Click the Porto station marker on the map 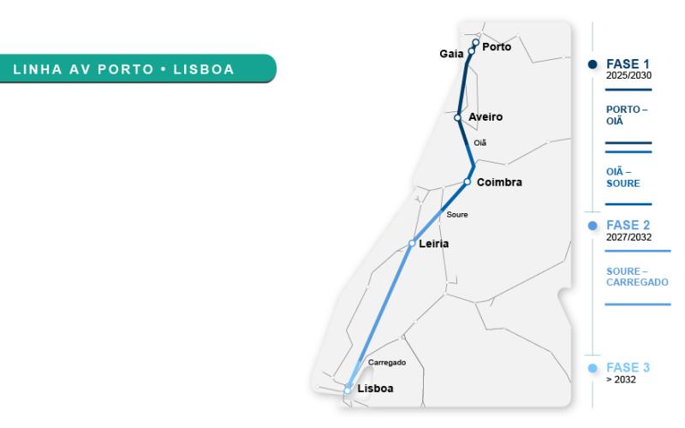pos(476,42)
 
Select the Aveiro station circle pos(458,118)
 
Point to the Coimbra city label pos(499,182)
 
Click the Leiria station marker pos(412,243)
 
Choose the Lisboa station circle pos(348,389)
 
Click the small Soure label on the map pos(457,214)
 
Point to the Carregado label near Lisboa pos(386,363)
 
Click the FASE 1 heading pos(628,63)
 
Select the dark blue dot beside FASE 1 pos(593,64)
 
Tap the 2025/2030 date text pos(628,74)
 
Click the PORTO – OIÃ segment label pos(627,116)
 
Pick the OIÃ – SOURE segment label pos(621,177)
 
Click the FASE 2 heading pos(628,225)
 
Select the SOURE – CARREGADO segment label pos(637,276)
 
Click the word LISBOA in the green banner pos(204,69)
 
